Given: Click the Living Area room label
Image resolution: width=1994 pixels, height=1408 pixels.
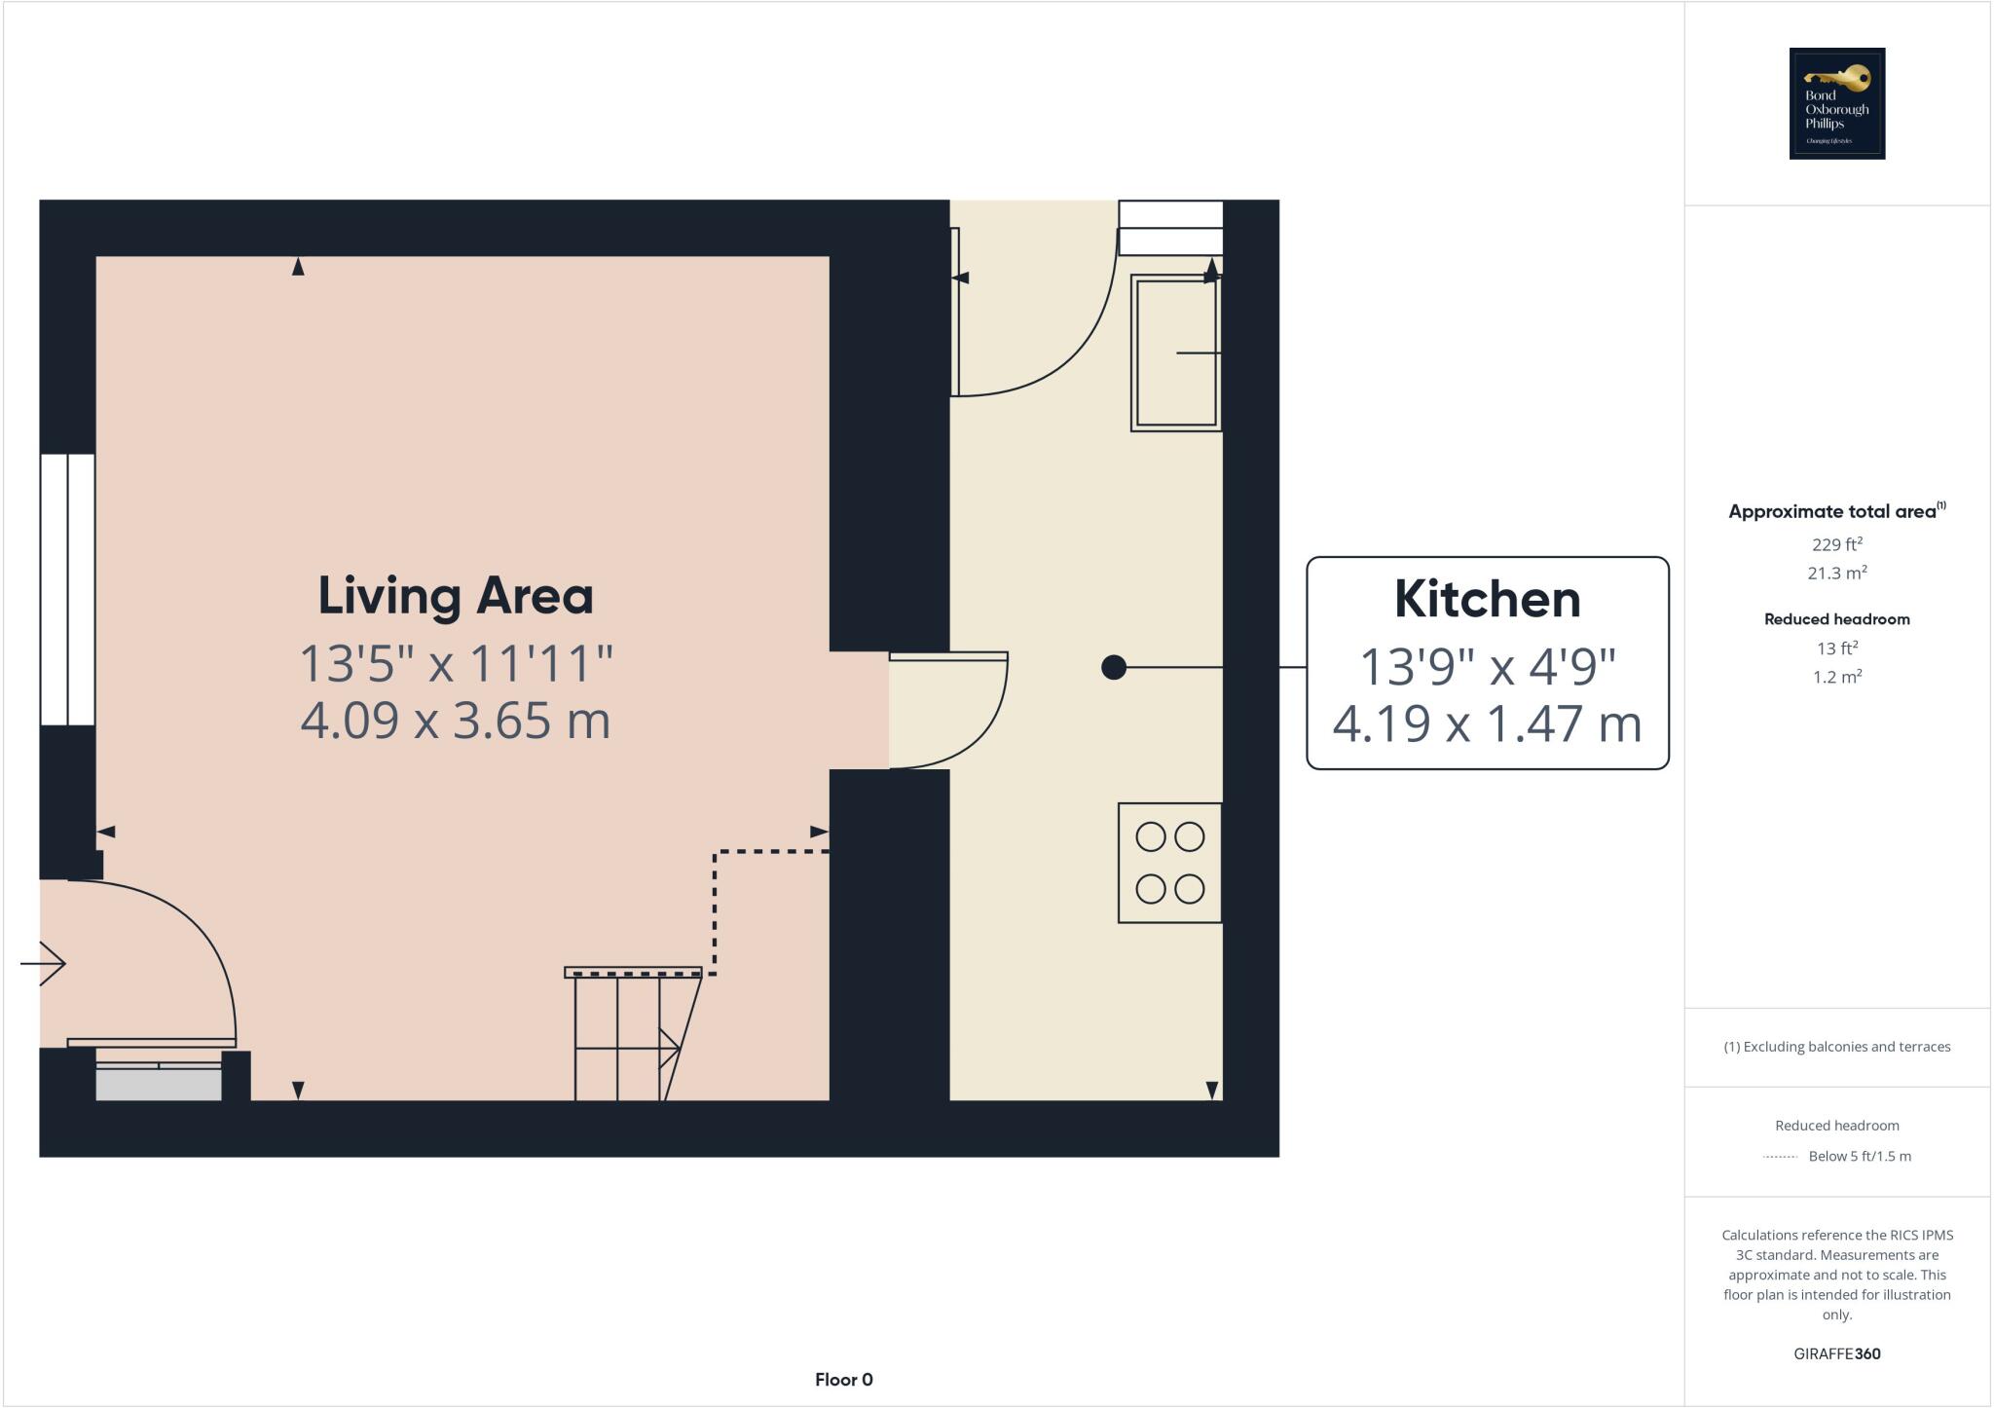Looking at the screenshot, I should (x=456, y=596).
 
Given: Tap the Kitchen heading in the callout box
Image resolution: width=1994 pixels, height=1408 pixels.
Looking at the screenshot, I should (x=1487, y=600).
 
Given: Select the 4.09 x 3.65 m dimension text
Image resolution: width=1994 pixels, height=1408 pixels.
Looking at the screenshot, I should (x=456, y=722).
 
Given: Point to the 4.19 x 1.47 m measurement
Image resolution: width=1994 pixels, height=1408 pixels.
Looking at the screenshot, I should (x=1487, y=724).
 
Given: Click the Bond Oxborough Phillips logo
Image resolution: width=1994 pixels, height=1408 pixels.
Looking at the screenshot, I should (x=1836, y=103).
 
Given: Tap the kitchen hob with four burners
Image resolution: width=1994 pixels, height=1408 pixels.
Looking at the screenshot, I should (x=1169, y=863).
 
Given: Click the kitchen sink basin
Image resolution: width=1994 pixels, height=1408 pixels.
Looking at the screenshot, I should (x=1175, y=352).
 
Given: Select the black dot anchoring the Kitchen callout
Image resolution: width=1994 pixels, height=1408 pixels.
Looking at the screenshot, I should (x=1114, y=667).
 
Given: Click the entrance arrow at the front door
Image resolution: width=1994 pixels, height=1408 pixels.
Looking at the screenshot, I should (x=44, y=964).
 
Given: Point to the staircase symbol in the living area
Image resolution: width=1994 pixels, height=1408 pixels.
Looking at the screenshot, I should (x=628, y=1037).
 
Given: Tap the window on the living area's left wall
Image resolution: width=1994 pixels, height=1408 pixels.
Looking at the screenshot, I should (x=67, y=589).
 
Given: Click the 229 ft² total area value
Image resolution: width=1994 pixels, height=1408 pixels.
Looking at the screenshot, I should (x=1836, y=544).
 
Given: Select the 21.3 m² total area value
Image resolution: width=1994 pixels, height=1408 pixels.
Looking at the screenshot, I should (x=1836, y=574).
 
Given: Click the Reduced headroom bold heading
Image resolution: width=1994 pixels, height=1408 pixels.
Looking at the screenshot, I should (x=1836, y=619).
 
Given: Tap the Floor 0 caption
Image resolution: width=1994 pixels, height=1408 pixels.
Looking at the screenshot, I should (x=843, y=1379).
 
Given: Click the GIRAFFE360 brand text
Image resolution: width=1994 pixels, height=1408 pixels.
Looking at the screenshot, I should (x=1836, y=1353).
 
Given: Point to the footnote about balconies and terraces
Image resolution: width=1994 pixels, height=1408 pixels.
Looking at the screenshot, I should (x=1836, y=1047).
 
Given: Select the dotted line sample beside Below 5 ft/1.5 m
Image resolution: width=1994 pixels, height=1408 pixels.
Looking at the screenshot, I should (x=1780, y=1157).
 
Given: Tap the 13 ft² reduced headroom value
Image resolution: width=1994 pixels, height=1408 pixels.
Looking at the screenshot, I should (x=1836, y=648).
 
